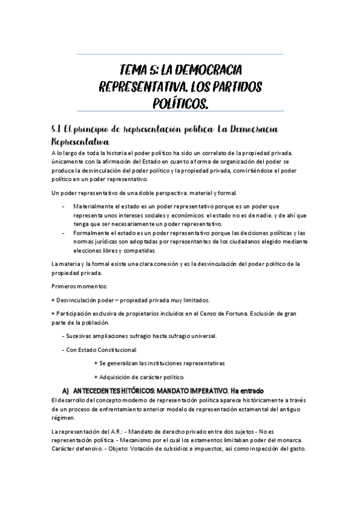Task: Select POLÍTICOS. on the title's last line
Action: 181,105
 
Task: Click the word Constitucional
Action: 116,349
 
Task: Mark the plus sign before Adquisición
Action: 96,376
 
